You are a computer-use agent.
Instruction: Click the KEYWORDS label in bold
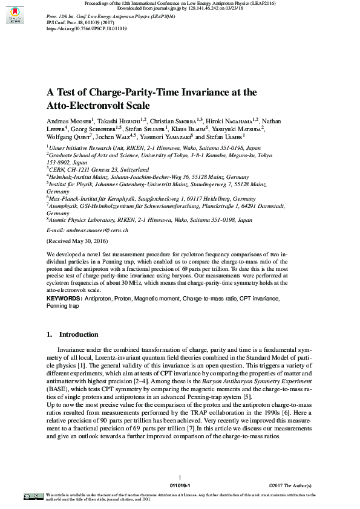pos(64,299)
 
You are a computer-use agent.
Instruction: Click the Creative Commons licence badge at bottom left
pos(33,497)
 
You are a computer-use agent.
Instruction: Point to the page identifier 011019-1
pos(180,486)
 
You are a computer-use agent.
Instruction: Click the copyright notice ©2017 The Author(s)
pos(290,486)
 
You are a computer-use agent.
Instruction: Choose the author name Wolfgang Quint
pos(68,137)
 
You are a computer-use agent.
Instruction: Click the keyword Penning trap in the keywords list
pos(63,306)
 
